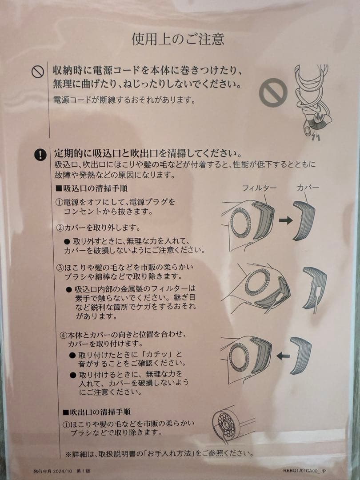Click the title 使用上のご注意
pyautogui.click(x=178, y=39)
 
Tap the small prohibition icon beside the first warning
pyautogui.click(x=38, y=72)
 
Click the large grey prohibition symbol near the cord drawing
pyautogui.click(x=273, y=92)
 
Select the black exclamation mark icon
pyautogui.click(x=40, y=155)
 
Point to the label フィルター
pyautogui.click(x=259, y=188)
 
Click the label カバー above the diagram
pyautogui.click(x=308, y=188)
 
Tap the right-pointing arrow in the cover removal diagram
pyautogui.click(x=286, y=221)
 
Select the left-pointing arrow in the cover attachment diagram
pyautogui.click(x=283, y=356)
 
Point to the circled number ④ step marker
pyautogui.click(x=64, y=333)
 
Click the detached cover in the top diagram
pyautogui.click(x=304, y=220)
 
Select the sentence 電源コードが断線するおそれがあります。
pyautogui.click(x=125, y=100)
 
